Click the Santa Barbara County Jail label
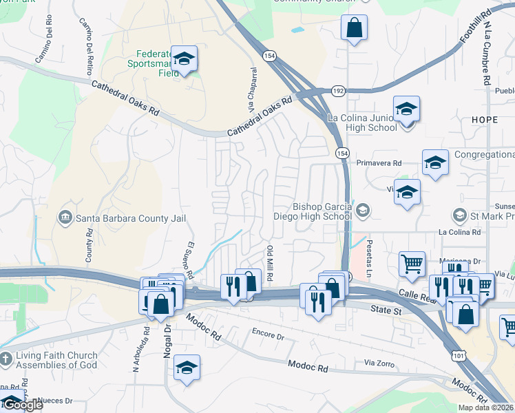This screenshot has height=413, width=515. (130, 219)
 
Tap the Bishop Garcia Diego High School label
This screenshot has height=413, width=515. (323, 211)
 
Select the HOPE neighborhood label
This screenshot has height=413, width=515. (484, 120)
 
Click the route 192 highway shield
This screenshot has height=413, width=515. (338, 91)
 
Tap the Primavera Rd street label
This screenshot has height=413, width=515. (379, 163)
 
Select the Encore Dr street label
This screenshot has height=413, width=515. (269, 337)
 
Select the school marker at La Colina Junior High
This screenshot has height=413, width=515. (407, 109)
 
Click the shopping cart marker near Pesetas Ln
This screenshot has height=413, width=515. (412, 262)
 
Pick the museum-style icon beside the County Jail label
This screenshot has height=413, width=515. (65, 218)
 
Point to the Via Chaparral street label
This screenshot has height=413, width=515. (252, 90)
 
